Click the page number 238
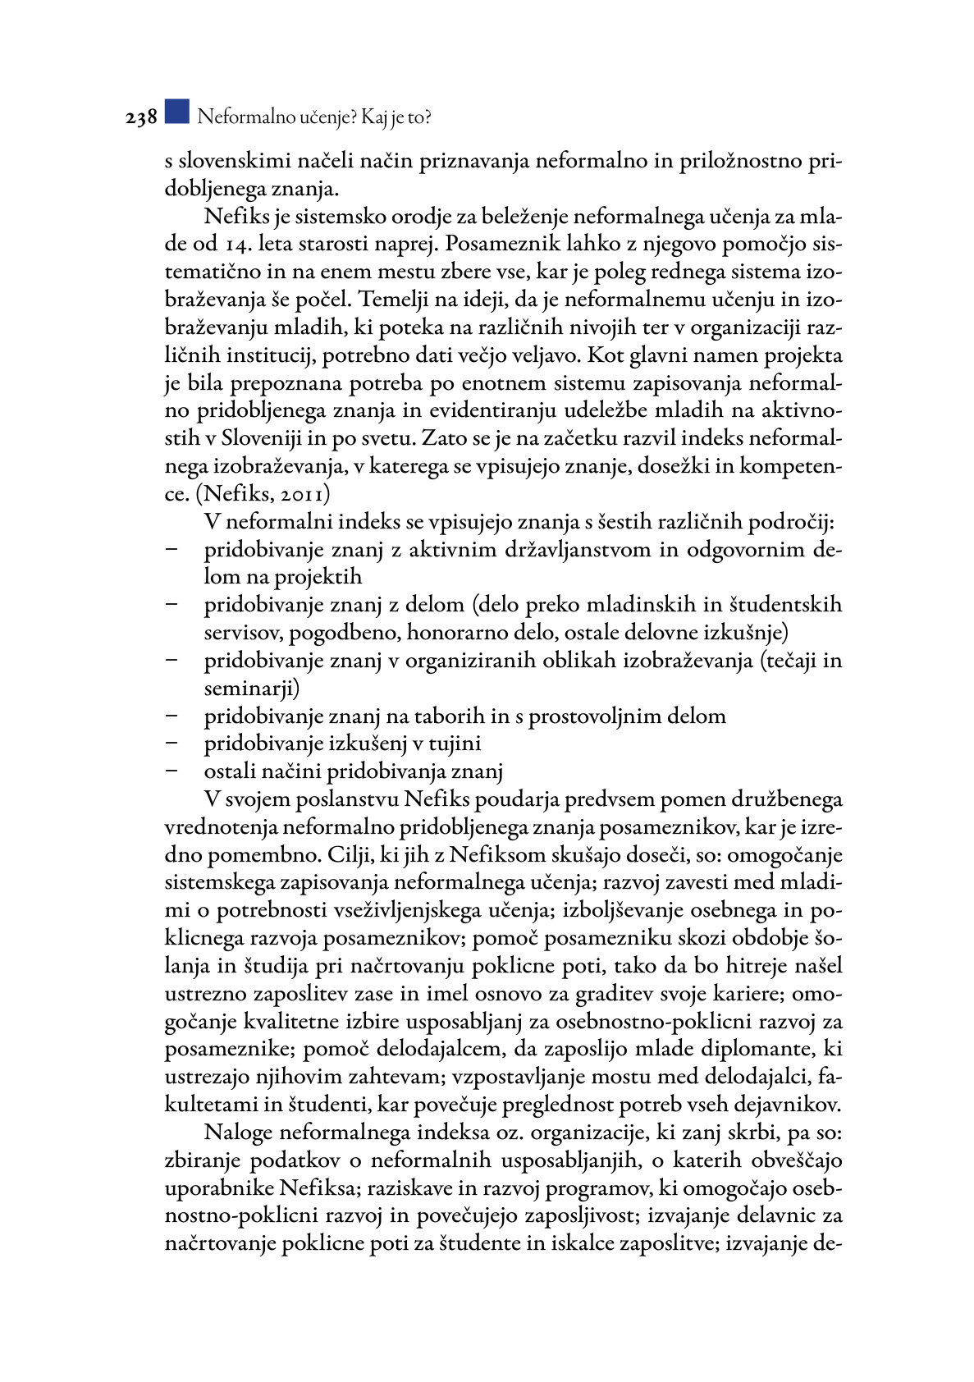click(x=141, y=118)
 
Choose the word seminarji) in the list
click(x=252, y=689)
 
